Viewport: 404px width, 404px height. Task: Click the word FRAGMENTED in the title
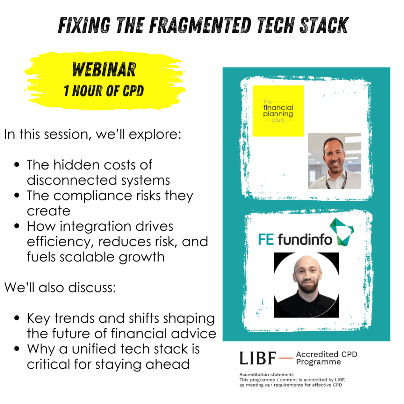200,25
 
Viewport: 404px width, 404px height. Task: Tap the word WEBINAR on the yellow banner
104,69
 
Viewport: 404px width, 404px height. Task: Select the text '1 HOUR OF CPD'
104,91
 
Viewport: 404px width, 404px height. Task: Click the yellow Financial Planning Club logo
278,111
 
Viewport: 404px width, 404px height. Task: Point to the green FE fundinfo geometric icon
342,232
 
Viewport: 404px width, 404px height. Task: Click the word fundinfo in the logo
305,239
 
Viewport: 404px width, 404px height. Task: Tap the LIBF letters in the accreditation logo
258,358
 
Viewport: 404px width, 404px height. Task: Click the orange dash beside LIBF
286,358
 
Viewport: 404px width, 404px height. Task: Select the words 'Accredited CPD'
327,354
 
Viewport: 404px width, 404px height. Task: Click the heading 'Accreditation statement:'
267,374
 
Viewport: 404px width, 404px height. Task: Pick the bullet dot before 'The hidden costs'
17,165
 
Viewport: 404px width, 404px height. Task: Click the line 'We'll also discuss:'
60,288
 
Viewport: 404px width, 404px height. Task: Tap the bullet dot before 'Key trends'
17,318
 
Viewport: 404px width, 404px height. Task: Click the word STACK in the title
324,25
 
